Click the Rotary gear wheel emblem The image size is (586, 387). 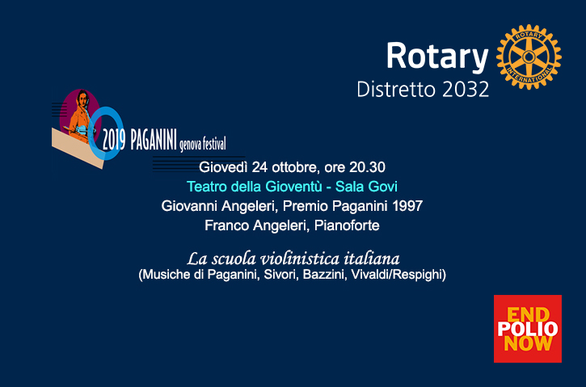pos(529,56)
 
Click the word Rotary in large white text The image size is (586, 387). pos(436,57)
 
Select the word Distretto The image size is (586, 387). pos(392,89)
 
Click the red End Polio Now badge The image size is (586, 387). pos(527,329)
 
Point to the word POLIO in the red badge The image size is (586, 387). pos(527,329)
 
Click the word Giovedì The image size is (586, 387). pos(221,167)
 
